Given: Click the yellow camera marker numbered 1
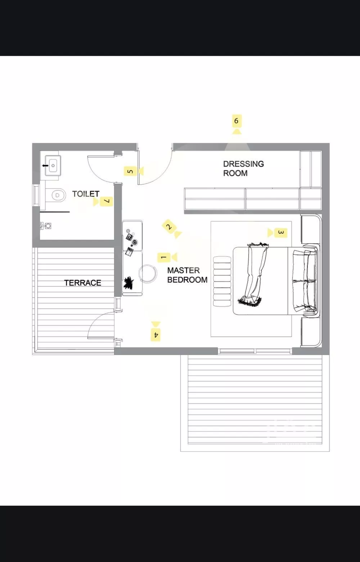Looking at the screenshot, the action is pos(167,257).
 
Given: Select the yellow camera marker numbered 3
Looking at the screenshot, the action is pos(278,233).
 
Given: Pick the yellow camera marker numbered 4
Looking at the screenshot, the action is pos(156,331).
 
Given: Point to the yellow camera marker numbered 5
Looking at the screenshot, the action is pos(134,171).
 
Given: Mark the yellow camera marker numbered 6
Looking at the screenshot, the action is pos(236,124).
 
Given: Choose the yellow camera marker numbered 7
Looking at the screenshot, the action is pos(103,201).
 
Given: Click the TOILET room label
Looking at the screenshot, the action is pos(86,194).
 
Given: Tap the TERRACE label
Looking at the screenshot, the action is pos(82,283).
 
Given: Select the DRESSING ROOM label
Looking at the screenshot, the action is pos(243,168).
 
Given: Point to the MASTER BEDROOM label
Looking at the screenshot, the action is pos(187,275).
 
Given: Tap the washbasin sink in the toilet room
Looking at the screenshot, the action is pos(53,166).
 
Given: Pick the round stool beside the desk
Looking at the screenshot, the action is pos(148,273).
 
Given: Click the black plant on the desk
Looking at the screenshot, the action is pos(129,283).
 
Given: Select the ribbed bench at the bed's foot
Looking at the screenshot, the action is pos(222,281).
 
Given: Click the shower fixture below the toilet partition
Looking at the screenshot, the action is pos(46,226).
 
